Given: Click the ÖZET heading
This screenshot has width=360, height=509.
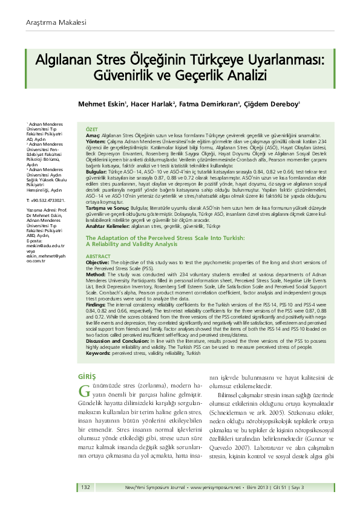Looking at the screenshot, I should point(92,129).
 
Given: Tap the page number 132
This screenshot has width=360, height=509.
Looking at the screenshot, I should point(85,487).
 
